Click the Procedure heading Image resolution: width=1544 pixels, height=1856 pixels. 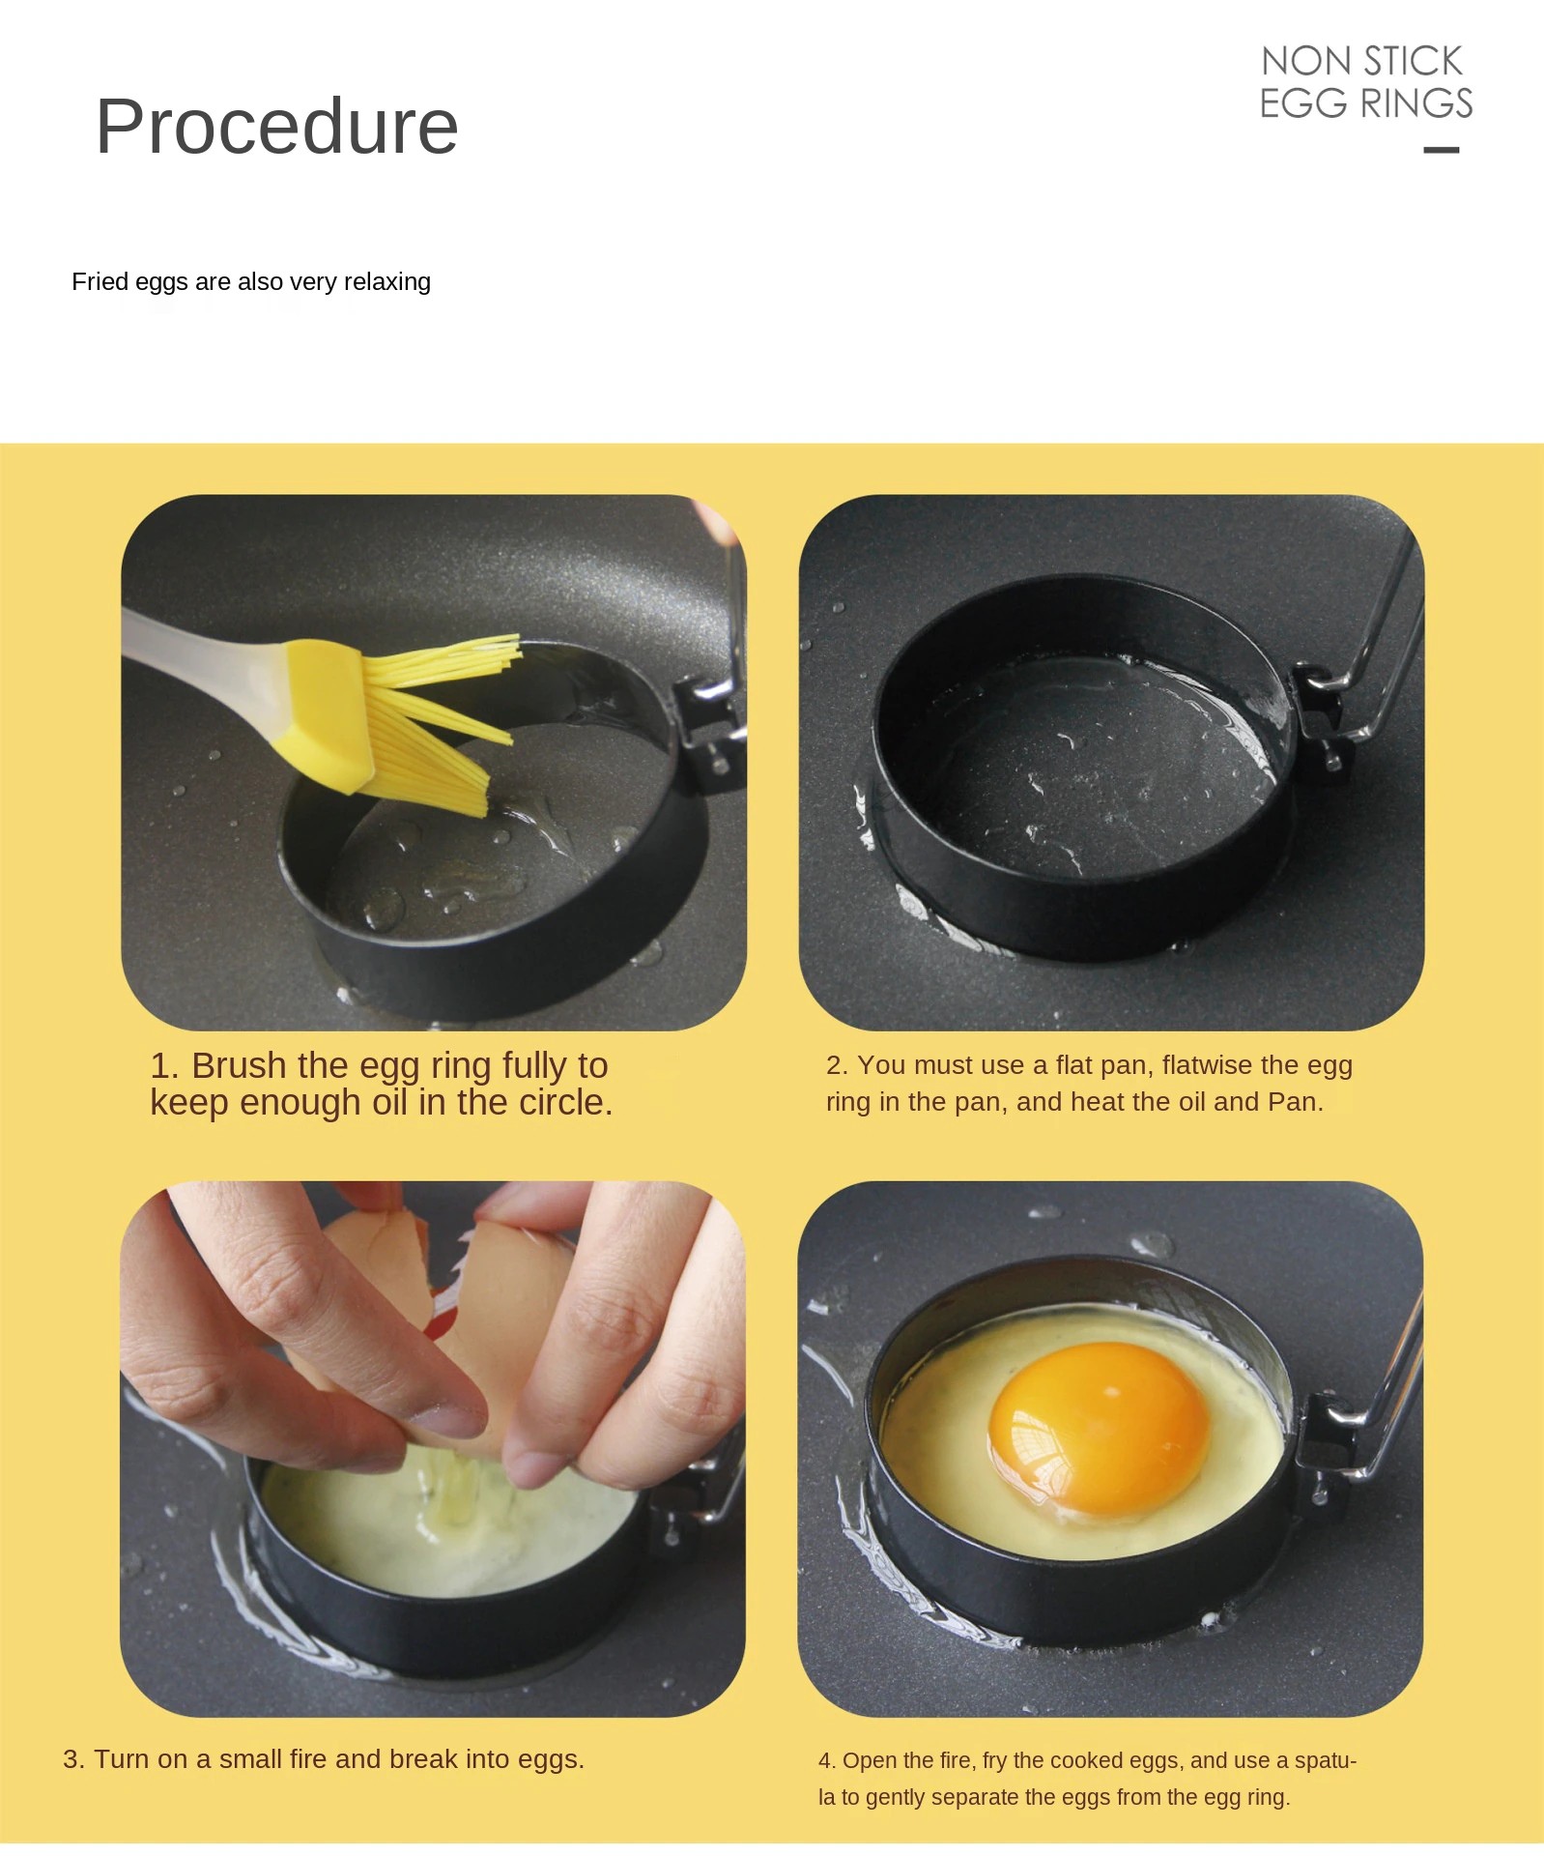[x=276, y=127]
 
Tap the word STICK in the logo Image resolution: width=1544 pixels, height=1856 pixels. [x=1413, y=61]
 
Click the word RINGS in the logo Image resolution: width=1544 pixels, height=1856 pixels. [x=1416, y=103]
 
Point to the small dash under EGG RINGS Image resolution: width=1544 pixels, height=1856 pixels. [x=1442, y=150]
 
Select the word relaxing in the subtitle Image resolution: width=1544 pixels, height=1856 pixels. [x=387, y=282]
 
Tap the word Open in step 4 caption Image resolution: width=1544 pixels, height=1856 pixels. [x=868, y=1760]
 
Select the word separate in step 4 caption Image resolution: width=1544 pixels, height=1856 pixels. [x=1064, y=1797]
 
